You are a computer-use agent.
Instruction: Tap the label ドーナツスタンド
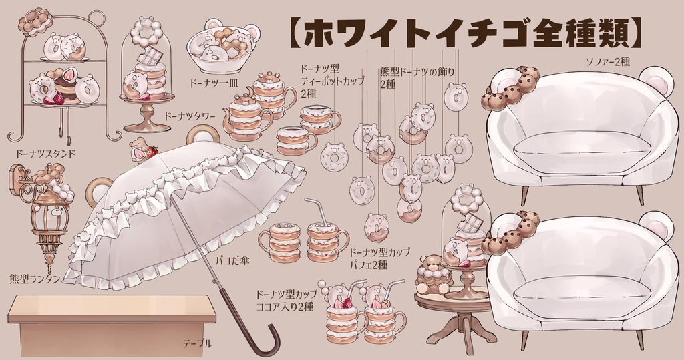pyautogui.click(x=41, y=153)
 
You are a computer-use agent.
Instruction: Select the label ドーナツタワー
pyautogui.click(x=189, y=116)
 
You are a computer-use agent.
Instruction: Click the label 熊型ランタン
pyautogui.click(x=35, y=277)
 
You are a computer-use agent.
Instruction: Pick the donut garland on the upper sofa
pyautogui.click(x=511, y=89)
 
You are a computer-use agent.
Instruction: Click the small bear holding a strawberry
pyautogui.click(x=141, y=150)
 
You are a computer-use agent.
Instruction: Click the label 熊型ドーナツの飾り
pyautogui.click(x=407, y=73)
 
